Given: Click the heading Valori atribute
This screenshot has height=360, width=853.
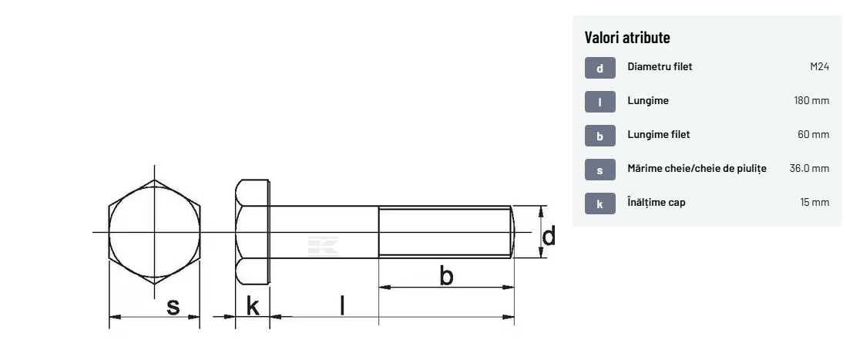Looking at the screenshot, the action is (627, 38).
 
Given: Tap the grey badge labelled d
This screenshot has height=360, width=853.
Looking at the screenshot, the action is (600, 68).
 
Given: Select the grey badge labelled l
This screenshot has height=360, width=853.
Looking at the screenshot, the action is (600, 102).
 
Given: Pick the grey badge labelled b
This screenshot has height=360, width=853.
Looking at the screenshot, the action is (600, 136).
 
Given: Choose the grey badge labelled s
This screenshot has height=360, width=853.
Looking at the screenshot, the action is (600, 170).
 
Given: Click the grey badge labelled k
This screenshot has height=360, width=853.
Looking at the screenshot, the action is (600, 204).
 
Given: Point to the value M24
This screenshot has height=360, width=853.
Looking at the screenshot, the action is (819, 67).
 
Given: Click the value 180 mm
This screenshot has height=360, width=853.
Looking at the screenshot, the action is (811, 101).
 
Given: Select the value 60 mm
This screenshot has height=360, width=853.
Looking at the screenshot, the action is (813, 135).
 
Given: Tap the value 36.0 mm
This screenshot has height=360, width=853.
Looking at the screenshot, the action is (810, 168).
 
